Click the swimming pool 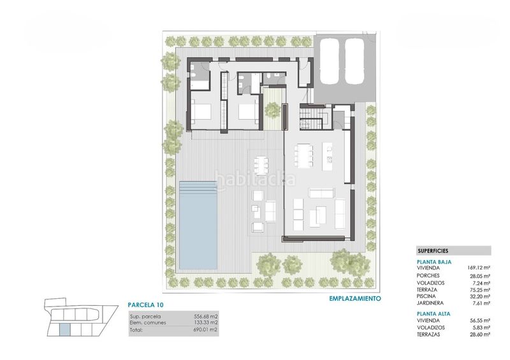click(x=198, y=225)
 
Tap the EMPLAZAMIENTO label click(x=355, y=298)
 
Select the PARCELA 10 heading click(x=145, y=305)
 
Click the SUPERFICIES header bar click(x=453, y=251)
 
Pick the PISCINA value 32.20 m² click(x=480, y=296)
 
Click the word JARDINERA click(x=430, y=303)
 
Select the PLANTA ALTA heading click(x=433, y=314)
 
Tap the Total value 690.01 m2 click(x=205, y=330)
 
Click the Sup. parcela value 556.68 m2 click(x=205, y=317)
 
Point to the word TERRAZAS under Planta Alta click(x=428, y=335)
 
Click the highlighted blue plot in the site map click(x=65, y=329)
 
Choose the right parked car click(x=354, y=61)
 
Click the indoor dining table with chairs click(x=304, y=155)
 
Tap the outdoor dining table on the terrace click(x=261, y=166)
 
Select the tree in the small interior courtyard click(x=273, y=110)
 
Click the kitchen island click(x=328, y=156)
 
